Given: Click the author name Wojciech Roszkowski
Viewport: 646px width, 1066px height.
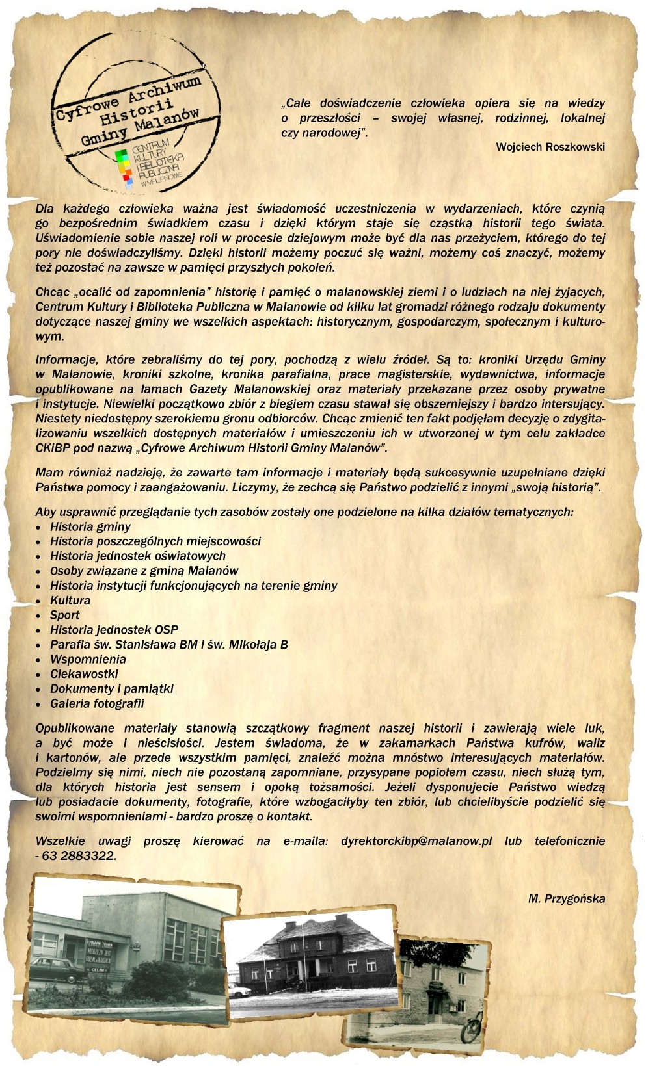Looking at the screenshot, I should coord(550,147).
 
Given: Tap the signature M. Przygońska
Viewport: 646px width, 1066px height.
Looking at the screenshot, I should coord(566,899).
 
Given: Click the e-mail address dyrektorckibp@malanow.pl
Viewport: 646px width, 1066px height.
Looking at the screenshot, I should coord(416,841).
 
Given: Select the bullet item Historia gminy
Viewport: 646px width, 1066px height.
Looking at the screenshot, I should coord(90,526).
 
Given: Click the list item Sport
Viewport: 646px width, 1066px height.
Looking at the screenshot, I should coord(65,615).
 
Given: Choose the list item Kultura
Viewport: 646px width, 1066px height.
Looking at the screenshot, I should coord(70,600).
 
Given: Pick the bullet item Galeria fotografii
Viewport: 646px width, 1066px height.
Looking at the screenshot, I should coord(97,703).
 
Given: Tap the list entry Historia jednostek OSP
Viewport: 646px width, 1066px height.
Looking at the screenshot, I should coord(114,630).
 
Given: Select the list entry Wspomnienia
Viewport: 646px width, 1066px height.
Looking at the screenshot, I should coord(88,659).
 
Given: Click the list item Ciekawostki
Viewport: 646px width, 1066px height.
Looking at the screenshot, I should coord(84,674).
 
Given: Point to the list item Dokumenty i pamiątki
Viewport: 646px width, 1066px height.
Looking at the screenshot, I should coord(111,688).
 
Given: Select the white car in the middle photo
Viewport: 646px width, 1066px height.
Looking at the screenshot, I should coord(240,991).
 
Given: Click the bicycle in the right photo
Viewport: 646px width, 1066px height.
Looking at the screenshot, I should coord(472,1026).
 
